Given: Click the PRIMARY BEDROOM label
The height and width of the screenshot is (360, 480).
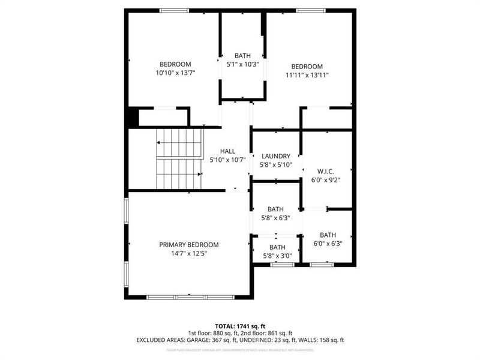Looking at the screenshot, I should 188,245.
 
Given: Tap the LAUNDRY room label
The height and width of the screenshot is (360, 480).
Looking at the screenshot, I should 275,157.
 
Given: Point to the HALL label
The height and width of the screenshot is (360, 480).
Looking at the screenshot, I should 227,151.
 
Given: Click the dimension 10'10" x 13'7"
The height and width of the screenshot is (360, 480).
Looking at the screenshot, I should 175,73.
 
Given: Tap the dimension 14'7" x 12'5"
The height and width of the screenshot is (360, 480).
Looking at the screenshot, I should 188,253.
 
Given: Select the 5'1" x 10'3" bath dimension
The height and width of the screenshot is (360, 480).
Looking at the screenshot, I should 242,64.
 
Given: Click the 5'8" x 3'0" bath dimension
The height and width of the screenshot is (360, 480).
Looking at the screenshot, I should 277,256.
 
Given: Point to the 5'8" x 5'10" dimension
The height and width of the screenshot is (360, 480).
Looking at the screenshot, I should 275,165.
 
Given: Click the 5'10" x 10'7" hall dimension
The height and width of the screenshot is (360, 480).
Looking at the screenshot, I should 227,160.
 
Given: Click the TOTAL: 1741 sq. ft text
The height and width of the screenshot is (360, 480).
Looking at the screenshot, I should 240,325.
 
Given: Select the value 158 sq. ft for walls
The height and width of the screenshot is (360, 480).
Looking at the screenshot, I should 329,340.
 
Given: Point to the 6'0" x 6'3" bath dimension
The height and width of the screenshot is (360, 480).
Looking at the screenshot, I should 328,244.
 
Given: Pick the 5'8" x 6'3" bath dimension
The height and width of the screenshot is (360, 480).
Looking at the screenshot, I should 276,218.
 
